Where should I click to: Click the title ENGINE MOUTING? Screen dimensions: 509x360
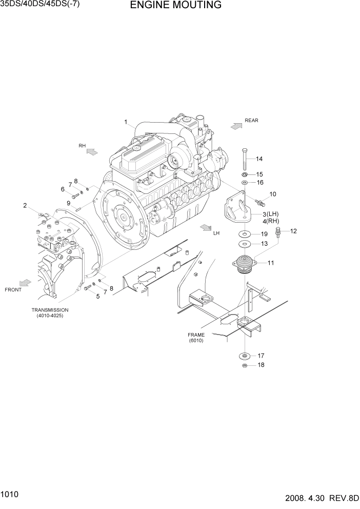click(175, 6)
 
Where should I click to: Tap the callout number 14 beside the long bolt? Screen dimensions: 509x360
click(259, 159)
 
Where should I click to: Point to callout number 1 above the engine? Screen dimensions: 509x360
click(125, 122)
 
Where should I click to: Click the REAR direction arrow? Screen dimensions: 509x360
click(236, 125)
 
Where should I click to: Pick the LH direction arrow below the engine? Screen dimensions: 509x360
click(206, 227)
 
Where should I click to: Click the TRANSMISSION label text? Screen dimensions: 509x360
click(50, 310)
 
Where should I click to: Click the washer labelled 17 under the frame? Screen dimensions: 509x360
click(245, 356)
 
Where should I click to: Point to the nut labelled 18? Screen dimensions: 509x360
click(245, 365)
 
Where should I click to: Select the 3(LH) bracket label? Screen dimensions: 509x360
click(270, 214)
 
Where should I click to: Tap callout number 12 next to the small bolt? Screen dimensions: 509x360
click(293, 231)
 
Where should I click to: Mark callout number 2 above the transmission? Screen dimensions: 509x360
click(25, 206)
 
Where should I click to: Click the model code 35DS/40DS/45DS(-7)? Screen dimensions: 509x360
click(41, 4)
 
